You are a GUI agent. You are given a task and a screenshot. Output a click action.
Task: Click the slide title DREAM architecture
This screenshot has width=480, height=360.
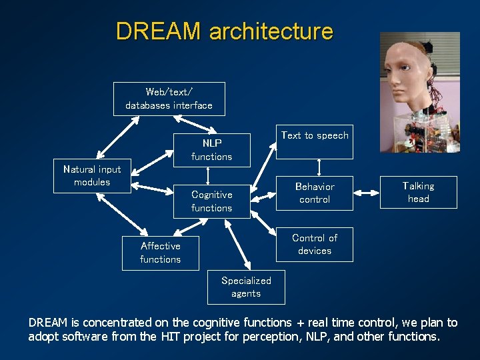pos(224,31)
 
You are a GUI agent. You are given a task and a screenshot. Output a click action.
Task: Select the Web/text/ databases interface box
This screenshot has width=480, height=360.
pos(169,99)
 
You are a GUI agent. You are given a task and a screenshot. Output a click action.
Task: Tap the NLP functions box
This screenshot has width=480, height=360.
pos(211,149)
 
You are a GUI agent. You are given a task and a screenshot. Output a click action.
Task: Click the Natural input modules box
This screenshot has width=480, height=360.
pos(92,176)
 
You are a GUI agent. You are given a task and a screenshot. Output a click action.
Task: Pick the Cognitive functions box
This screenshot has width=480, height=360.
pos(211,201)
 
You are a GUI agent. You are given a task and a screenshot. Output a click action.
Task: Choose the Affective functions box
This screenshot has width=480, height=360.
pos(160,253)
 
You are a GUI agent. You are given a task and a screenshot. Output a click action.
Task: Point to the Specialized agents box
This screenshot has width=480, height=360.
pos(246,287)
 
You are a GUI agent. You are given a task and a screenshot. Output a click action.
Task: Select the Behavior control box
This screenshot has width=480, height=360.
pos(315,193)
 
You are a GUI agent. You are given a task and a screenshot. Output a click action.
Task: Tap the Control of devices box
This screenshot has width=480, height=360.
pos(315,244)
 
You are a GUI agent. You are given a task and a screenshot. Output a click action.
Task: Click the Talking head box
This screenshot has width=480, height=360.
pos(419,192)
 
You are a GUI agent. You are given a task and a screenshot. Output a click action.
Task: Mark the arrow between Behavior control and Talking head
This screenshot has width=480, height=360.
pos(367,193)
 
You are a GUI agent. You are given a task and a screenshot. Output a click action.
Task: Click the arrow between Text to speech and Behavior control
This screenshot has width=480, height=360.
pos(319,167)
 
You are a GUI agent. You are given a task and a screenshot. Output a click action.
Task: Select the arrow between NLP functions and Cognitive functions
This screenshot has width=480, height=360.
pos(209,175)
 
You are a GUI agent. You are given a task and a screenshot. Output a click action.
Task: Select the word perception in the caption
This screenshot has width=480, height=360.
pos(260,337)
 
